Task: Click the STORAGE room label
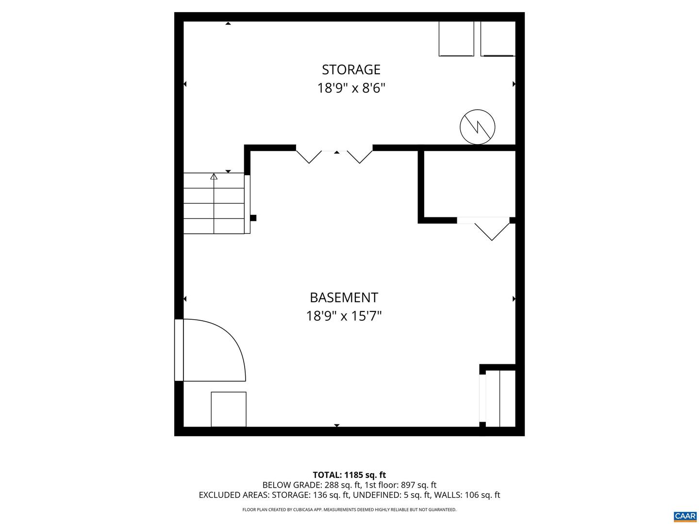(351, 70)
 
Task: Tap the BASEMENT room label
(344, 297)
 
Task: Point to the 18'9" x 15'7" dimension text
(344, 316)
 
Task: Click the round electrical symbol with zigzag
(478, 127)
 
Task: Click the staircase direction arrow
(214, 177)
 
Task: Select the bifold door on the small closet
(492, 230)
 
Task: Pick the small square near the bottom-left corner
(229, 409)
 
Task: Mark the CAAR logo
(684, 516)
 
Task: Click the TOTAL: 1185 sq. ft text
(349, 475)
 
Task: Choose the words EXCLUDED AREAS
(233, 495)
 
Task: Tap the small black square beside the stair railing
(253, 218)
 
